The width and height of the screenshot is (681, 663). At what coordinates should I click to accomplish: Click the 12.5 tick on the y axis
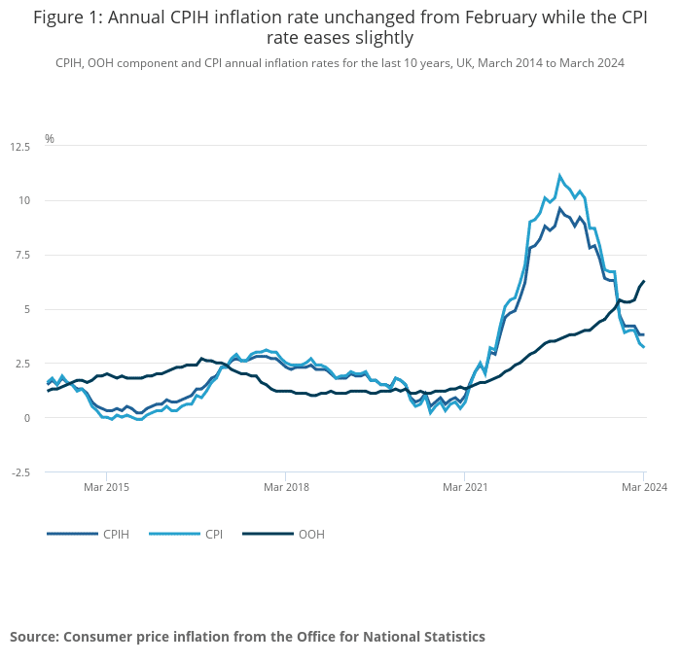point(20,147)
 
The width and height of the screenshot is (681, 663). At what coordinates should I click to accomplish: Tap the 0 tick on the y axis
point(28,418)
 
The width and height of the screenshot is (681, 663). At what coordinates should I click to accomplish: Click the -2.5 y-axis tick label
point(19,472)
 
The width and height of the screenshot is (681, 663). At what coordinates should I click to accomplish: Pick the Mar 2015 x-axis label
point(106,486)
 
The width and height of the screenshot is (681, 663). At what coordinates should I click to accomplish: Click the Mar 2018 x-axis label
point(285,486)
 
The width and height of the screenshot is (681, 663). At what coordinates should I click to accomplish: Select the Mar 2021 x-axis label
point(464,486)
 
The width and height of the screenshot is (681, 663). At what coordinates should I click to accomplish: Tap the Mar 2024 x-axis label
point(643,486)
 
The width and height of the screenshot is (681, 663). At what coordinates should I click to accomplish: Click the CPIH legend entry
point(116,534)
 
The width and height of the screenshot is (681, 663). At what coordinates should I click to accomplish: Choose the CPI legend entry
point(214,534)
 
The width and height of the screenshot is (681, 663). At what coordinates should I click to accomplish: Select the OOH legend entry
point(311,534)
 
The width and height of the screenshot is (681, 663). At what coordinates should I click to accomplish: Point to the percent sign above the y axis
point(50,139)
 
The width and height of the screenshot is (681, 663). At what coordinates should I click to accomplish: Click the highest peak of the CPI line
point(559,176)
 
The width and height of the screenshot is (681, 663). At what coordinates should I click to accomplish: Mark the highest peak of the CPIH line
point(559,209)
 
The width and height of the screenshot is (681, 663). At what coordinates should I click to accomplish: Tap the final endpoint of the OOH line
point(643,282)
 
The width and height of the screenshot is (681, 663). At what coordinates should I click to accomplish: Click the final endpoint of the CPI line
point(643,347)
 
